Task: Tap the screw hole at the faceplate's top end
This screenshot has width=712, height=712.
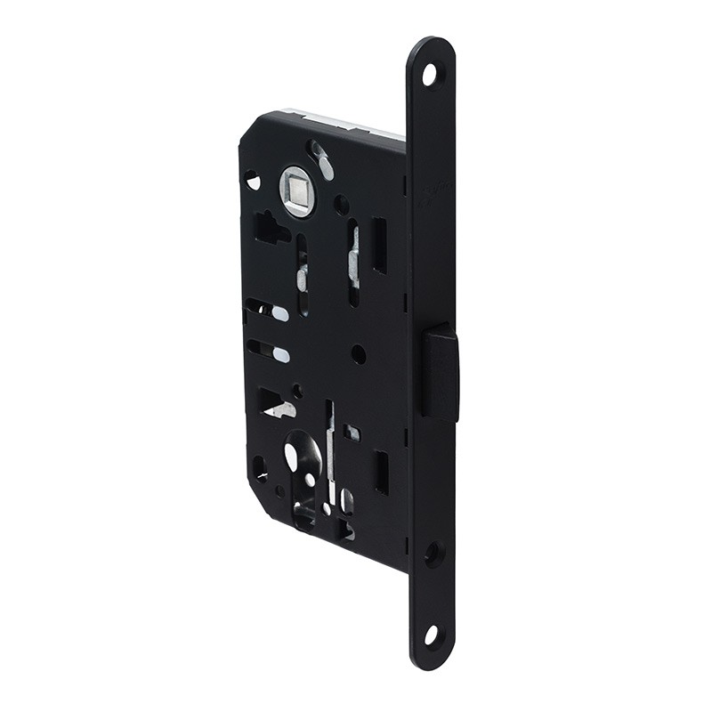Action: (430, 75)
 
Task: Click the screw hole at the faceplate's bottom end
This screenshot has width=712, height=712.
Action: (431, 635)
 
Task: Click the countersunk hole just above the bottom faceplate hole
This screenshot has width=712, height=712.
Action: (433, 554)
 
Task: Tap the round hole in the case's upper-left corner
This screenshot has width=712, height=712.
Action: (253, 181)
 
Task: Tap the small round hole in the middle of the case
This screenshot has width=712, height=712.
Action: (358, 354)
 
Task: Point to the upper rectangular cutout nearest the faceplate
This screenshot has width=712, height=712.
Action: (379, 246)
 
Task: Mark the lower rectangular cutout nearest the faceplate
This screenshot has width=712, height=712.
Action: (381, 472)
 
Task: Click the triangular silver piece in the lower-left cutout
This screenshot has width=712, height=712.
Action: (279, 409)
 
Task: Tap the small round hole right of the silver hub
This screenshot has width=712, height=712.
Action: (341, 205)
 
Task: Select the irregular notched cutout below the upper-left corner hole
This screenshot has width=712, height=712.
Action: (268, 229)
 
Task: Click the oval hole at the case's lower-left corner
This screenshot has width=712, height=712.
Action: (260, 466)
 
